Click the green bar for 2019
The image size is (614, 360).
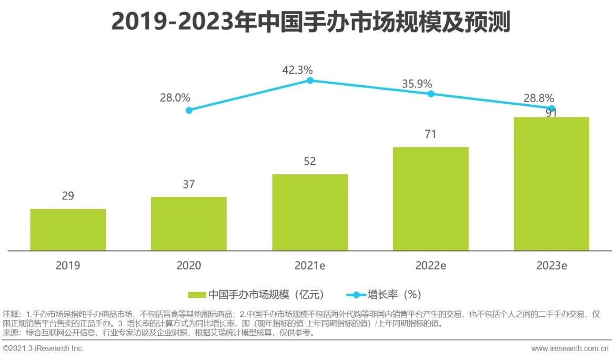(68, 229)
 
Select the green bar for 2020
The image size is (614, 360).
(189, 224)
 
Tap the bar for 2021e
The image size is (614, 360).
(310, 212)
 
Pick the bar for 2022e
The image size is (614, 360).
(430, 198)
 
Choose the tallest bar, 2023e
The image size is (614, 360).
(551, 184)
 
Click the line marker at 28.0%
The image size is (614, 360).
(189, 110)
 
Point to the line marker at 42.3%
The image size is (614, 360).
(310, 81)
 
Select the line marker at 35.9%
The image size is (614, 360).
(430, 94)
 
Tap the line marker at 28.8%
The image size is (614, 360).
(551, 108)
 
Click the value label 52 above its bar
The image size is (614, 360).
(310, 162)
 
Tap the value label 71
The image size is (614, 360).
(430, 134)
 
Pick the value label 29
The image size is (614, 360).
(68, 196)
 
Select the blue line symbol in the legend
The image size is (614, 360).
(356, 295)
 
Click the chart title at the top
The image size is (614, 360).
(310, 23)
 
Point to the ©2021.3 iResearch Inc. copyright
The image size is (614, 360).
(44, 348)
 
